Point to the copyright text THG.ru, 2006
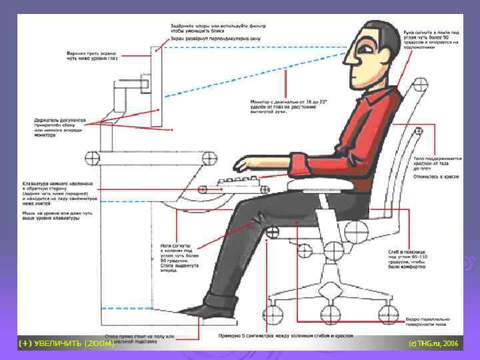pyautogui.click(x=433, y=343)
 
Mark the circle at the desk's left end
pyautogui.click(x=93, y=158)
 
